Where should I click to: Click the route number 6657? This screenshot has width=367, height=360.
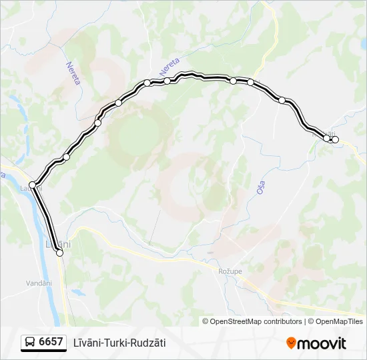coord(51,342)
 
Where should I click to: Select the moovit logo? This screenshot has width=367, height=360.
coord(316,343)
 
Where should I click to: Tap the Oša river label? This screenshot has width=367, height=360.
coord(261,187)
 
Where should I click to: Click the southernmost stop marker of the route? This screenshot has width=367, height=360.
coord(60,253)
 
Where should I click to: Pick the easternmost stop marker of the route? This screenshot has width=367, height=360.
coord(335,139)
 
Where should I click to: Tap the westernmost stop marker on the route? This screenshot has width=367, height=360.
coord(32,185)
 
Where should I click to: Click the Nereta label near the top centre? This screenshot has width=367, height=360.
coord(169,67)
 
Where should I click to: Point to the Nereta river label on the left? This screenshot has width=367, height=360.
coord(73,73)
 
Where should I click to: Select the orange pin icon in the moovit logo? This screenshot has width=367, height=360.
coord(291,343)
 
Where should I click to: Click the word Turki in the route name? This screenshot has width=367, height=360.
coord(120,343)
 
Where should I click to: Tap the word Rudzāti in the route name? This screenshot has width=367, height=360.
coord(149,343)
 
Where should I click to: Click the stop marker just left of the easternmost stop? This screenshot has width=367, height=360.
coord(327,138)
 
